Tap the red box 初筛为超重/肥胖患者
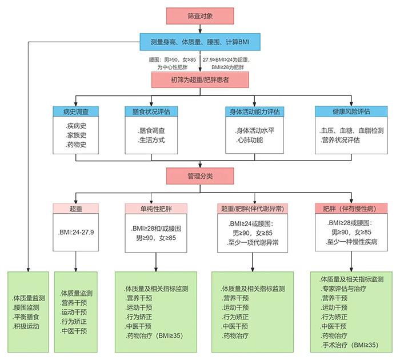tap(199, 81)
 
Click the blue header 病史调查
tap(75, 111)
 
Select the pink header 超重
tap(75, 209)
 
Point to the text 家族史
tap(75, 136)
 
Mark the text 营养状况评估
tap(340, 139)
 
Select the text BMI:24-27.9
tap(76, 232)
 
